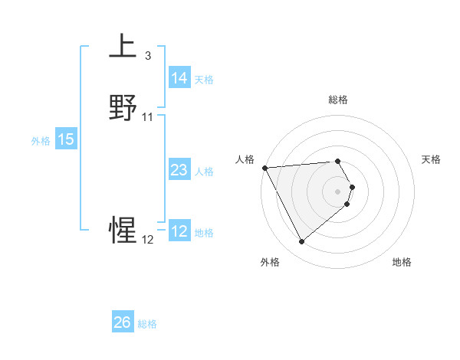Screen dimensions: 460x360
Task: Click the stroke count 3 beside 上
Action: (147, 56)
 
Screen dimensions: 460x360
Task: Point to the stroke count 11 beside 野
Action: (148, 117)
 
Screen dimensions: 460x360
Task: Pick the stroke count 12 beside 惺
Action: (148, 240)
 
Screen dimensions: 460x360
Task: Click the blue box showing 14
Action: (179, 78)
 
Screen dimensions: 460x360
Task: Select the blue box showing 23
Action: (179, 170)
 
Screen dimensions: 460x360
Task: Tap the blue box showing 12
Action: (179, 231)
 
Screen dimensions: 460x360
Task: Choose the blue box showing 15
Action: (66, 139)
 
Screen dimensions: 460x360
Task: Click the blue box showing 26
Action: (123, 322)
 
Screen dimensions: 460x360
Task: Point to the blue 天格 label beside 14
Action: (204, 80)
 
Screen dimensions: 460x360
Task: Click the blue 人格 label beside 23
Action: (204, 172)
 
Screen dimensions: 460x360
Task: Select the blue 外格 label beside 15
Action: (41, 141)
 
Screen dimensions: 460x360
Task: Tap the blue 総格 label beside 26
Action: (147, 324)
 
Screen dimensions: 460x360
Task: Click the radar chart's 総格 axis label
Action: (337, 100)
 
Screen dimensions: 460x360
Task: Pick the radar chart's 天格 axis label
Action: (432, 159)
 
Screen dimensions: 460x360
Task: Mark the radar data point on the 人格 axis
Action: (264, 168)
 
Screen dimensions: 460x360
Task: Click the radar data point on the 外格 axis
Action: (301, 242)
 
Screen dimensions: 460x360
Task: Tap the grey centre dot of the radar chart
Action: (338, 191)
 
